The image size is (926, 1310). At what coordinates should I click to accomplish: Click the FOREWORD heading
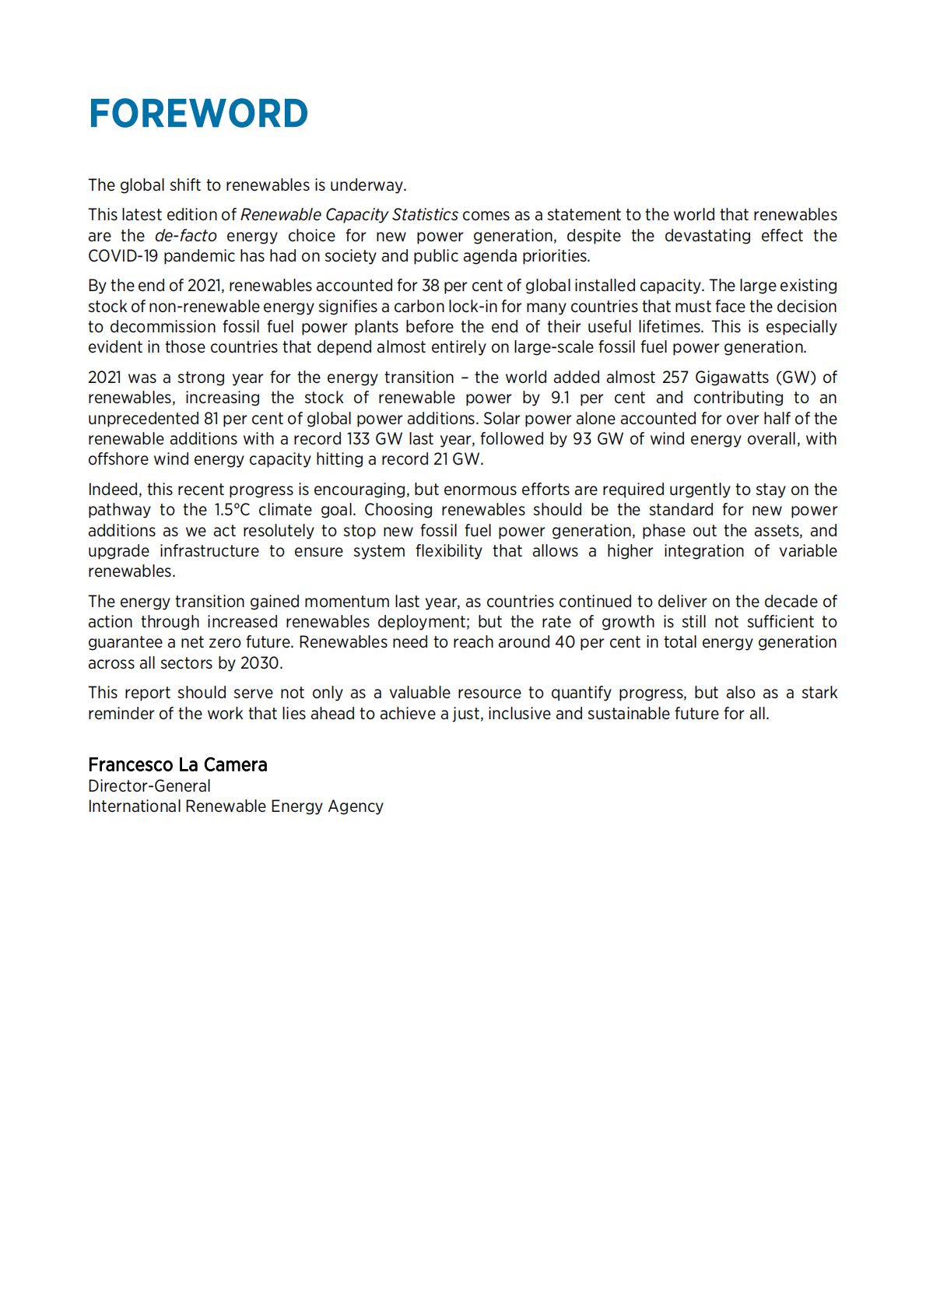pyautogui.click(x=198, y=114)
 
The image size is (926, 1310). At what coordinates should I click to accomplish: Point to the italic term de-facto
pyautogui.click(x=185, y=236)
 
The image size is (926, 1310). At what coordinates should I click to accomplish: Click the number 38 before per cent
pyautogui.click(x=430, y=286)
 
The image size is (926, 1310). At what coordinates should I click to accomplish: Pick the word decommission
pyautogui.click(x=163, y=327)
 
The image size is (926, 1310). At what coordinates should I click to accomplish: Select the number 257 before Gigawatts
pyautogui.click(x=675, y=378)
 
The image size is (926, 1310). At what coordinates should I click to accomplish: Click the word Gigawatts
pyautogui.click(x=731, y=378)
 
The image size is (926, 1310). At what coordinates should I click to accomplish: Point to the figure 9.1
pyautogui.click(x=559, y=398)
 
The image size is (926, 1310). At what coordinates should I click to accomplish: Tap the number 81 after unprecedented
pyautogui.click(x=211, y=419)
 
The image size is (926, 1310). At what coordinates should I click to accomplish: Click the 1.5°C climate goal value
pyautogui.click(x=232, y=510)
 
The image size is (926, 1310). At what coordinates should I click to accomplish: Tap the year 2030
pyautogui.click(x=259, y=663)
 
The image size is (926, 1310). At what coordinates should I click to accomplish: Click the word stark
pyautogui.click(x=819, y=693)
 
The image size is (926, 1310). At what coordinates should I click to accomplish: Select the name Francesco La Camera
pyautogui.click(x=177, y=764)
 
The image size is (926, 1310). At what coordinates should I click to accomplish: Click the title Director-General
pyautogui.click(x=149, y=786)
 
